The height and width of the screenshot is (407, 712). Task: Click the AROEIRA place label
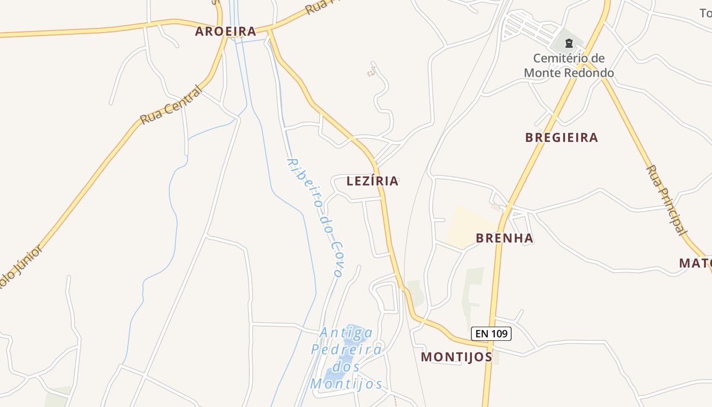click(x=225, y=32)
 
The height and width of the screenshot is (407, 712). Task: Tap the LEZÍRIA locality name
click(x=372, y=181)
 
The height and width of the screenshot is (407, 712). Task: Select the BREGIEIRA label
click(x=561, y=137)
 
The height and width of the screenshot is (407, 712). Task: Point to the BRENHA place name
click(x=505, y=238)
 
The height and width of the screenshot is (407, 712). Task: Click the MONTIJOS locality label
click(x=456, y=357)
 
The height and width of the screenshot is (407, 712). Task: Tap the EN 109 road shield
click(x=491, y=334)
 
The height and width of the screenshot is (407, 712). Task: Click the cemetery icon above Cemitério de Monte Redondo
click(x=569, y=44)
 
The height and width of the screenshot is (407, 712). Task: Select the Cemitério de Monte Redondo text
click(x=569, y=66)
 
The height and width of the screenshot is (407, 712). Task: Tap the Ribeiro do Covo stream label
click(x=314, y=217)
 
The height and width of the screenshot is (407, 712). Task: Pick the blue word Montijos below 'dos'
click(x=346, y=384)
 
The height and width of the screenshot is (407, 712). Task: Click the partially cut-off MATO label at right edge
click(x=695, y=263)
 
